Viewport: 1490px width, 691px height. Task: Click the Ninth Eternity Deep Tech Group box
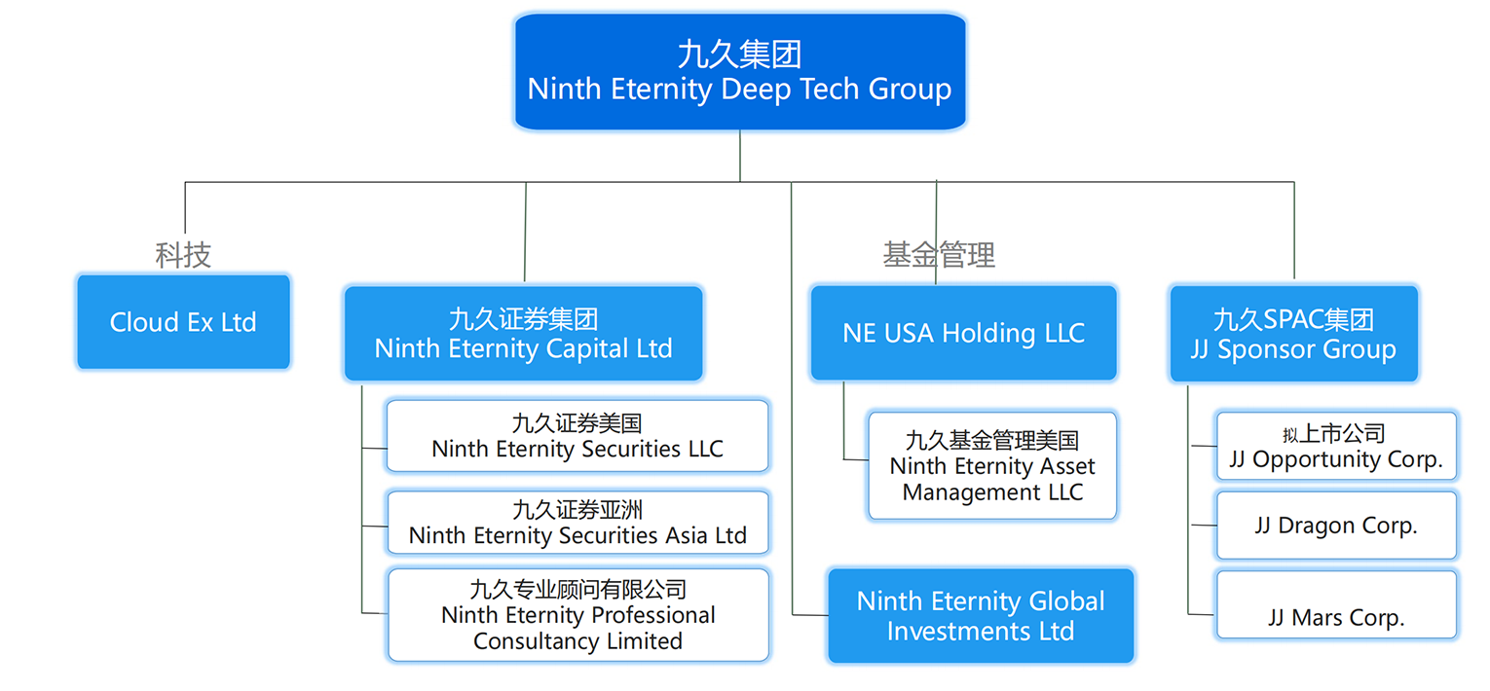pos(739,72)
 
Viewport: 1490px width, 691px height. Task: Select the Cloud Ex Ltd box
pos(183,322)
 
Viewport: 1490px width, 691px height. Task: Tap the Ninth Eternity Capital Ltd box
pos(523,334)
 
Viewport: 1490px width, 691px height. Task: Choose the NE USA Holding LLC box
pos(963,333)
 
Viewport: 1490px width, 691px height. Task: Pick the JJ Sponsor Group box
pos(1293,334)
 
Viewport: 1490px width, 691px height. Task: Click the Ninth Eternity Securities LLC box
pos(577,436)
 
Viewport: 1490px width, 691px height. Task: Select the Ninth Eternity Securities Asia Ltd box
pos(577,523)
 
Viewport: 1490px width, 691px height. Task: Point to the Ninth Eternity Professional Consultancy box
pos(577,615)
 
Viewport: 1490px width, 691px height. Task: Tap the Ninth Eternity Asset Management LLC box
pos(992,466)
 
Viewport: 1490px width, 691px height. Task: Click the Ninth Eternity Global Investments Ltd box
pos(981,616)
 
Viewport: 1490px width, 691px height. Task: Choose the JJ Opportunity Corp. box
pos(1336,447)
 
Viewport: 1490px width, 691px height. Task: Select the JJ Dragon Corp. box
pos(1336,526)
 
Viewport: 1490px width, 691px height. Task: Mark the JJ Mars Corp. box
pos(1336,604)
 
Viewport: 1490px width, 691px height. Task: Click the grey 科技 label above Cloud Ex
pos(183,255)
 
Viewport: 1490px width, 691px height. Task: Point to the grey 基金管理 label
pos(939,255)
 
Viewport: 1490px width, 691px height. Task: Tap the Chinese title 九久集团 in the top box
pos(739,55)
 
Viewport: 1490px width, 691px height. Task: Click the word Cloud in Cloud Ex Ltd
pos(145,322)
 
